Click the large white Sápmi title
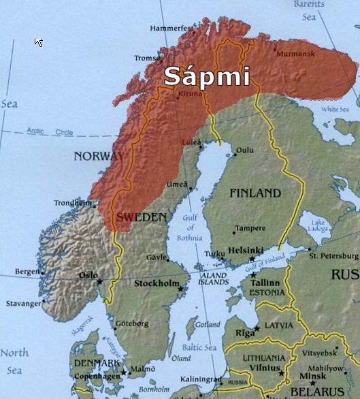[207, 75]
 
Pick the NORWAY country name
[99, 157]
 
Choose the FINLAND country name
[255, 193]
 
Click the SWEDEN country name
[142, 217]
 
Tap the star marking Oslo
[100, 282]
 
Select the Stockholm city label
[156, 283]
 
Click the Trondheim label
[72, 202]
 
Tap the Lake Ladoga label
[318, 226]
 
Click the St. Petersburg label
[332, 256]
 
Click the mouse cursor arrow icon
[38, 42]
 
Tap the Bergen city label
[27, 271]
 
